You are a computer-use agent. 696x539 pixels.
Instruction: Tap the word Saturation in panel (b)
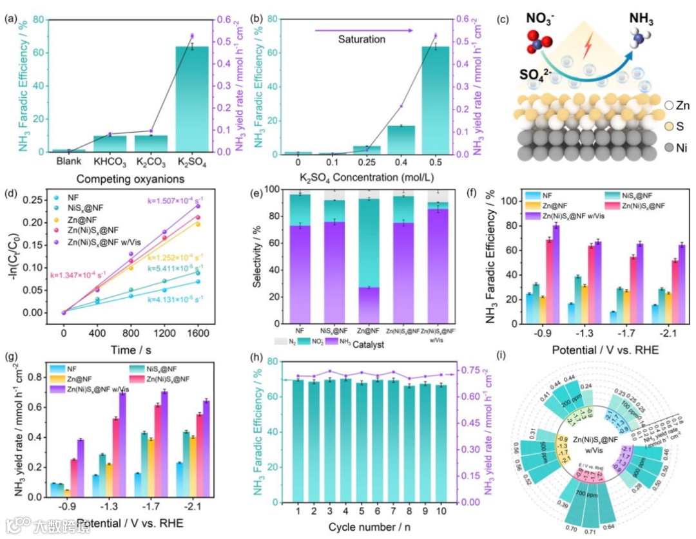click(x=362, y=39)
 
